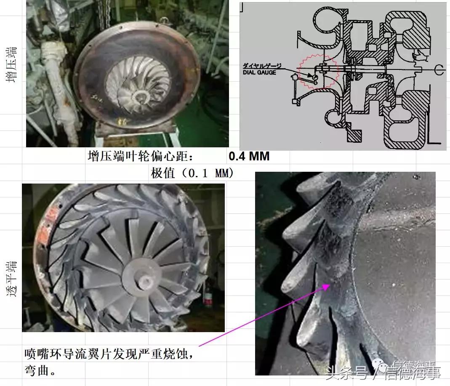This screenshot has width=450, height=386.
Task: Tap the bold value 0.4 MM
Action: point(249,157)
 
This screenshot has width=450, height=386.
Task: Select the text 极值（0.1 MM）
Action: point(192,173)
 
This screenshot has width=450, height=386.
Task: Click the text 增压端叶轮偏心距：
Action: point(141,157)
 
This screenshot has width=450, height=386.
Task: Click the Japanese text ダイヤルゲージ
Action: point(261,66)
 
